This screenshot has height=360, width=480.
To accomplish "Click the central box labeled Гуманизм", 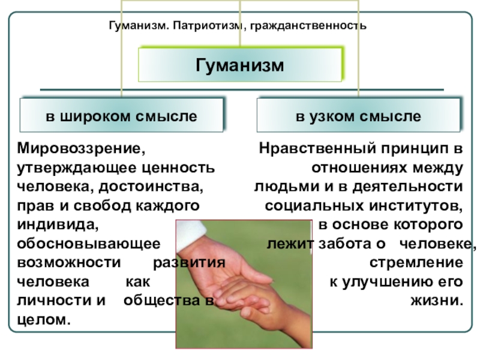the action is [x=240, y=64].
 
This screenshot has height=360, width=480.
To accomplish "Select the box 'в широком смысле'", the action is [x=121, y=115].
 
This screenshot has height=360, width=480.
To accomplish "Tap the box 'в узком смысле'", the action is [x=358, y=115].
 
